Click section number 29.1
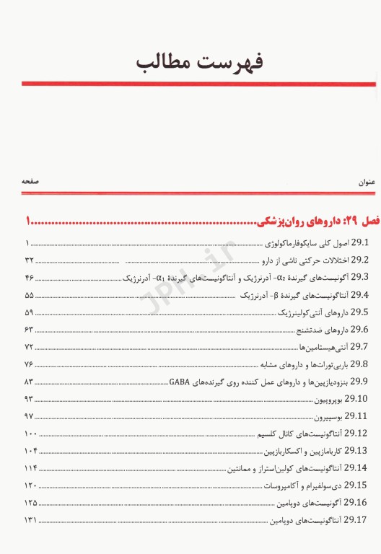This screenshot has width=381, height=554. [359, 242]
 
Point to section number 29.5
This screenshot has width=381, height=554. [359, 312]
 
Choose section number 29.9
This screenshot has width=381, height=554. [359, 382]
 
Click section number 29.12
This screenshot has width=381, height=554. [356, 434]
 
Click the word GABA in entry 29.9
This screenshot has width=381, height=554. [180, 382]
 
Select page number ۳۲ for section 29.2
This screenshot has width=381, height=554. [30, 260]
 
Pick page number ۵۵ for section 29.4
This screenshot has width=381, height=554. [30, 295]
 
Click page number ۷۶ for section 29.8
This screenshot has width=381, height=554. [30, 364]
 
